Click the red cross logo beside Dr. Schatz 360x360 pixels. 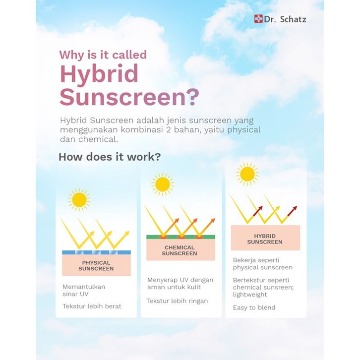pos(258,19)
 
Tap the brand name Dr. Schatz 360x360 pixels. pos(285,19)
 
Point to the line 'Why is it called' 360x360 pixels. pos(103,55)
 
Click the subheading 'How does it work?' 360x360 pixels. pos(110,157)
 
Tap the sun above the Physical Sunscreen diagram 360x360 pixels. pos(79,200)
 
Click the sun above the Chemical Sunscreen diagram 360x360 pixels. pos(163,184)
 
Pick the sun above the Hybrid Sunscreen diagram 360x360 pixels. pos(247,174)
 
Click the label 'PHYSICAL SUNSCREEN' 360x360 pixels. pos(96,266)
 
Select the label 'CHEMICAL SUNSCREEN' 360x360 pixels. pos(180,250)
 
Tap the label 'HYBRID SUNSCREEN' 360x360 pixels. pos(265,239)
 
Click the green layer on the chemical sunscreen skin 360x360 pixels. pos(180,237)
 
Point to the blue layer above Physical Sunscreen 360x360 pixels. pos(96,252)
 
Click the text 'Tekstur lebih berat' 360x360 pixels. pos(92,306)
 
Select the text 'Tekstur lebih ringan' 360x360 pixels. pos(177,301)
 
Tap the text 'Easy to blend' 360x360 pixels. pos(254,307)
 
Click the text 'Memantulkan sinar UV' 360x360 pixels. pos(84,290)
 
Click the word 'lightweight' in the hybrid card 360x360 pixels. pos(250,295)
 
